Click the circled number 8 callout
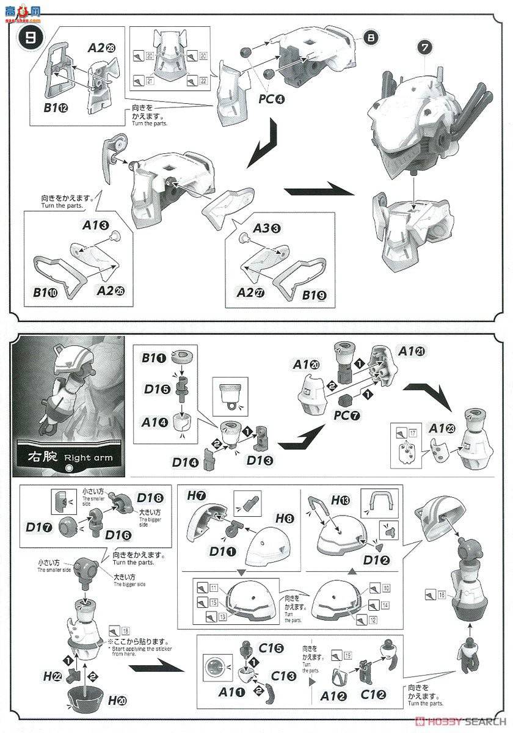(x=371, y=38)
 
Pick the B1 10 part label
(x=45, y=293)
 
